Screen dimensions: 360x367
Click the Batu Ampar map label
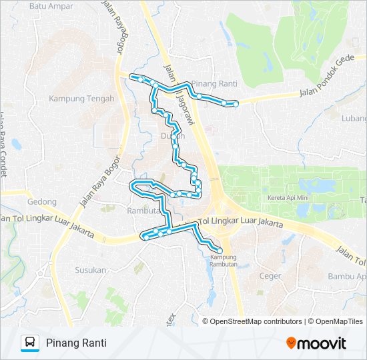pos(51,7)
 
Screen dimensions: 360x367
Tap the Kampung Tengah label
pos(81,99)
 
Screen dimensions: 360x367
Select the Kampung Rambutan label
pos(224,260)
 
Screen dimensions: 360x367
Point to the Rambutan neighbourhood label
pos(141,210)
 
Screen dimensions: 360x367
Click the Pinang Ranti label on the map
pos(214,84)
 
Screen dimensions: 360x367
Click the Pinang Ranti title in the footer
pos(76,343)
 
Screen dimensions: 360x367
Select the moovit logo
pos(316,343)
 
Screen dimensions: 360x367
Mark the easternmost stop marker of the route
pos(236,103)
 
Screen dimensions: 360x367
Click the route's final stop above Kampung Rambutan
pos(220,249)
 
